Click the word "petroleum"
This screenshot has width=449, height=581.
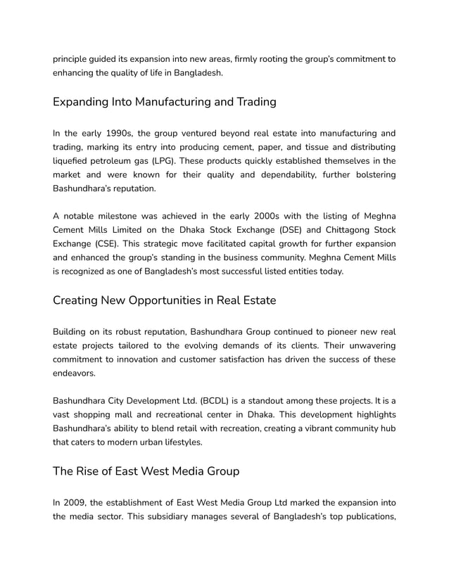click(110, 161)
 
